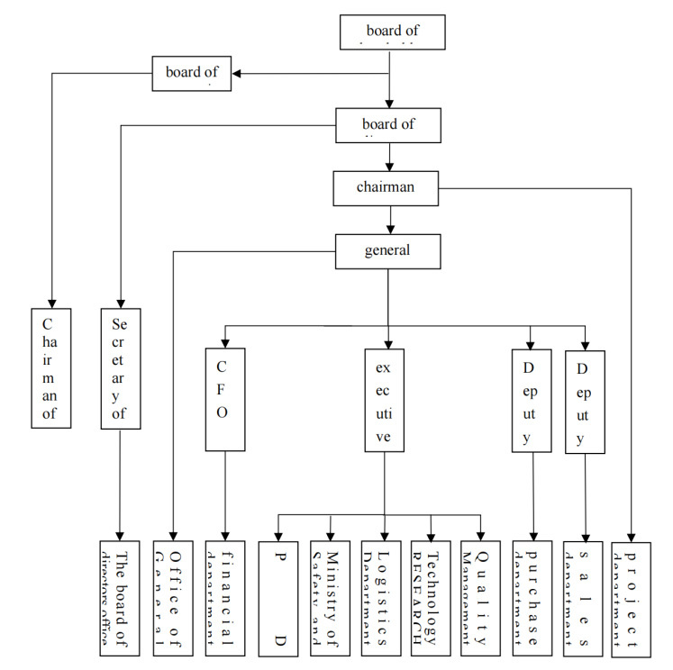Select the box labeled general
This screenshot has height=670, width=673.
tap(387, 250)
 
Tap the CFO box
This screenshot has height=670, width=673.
tap(225, 399)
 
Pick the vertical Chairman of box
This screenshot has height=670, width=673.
tap(50, 367)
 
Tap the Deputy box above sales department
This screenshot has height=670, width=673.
tap(585, 399)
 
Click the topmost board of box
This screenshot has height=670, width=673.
tap(393, 32)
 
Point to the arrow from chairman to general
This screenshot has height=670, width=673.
tap(389, 220)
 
